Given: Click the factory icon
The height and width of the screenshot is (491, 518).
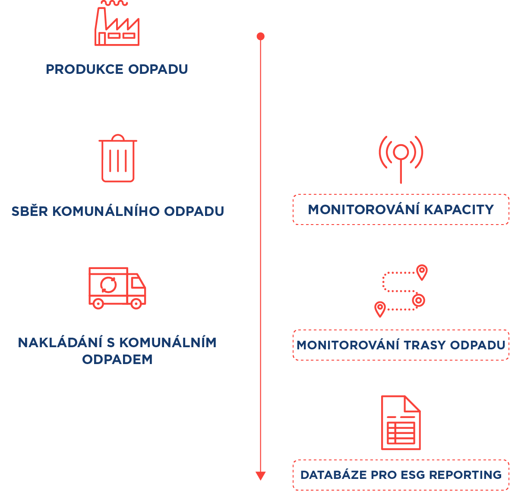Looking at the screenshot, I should click(x=117, y=24).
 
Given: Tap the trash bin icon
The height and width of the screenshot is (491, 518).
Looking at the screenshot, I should click(x=118, y=158).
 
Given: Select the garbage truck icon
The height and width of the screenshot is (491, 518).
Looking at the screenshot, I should click(x=117, y=288).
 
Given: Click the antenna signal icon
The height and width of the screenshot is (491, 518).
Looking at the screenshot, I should click(x=401, y=157).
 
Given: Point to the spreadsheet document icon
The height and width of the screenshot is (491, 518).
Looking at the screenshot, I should click(x=401, y=423).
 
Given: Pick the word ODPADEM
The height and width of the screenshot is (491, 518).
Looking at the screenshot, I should click(x=117, y=359).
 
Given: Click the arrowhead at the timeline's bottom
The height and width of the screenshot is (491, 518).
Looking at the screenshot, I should click(x=260, y=476).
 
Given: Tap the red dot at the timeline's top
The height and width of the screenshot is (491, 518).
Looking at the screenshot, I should click(x=260, y=36).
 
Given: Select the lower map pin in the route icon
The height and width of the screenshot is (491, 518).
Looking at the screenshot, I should click(x=380, y=308).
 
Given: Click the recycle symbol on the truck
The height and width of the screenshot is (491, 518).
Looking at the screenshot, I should click(x=108, y=285).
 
